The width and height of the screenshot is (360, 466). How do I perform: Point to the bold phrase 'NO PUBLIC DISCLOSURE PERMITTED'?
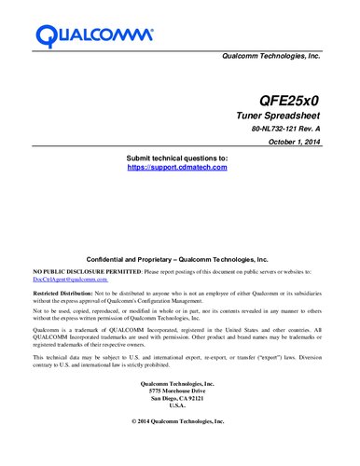87,270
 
